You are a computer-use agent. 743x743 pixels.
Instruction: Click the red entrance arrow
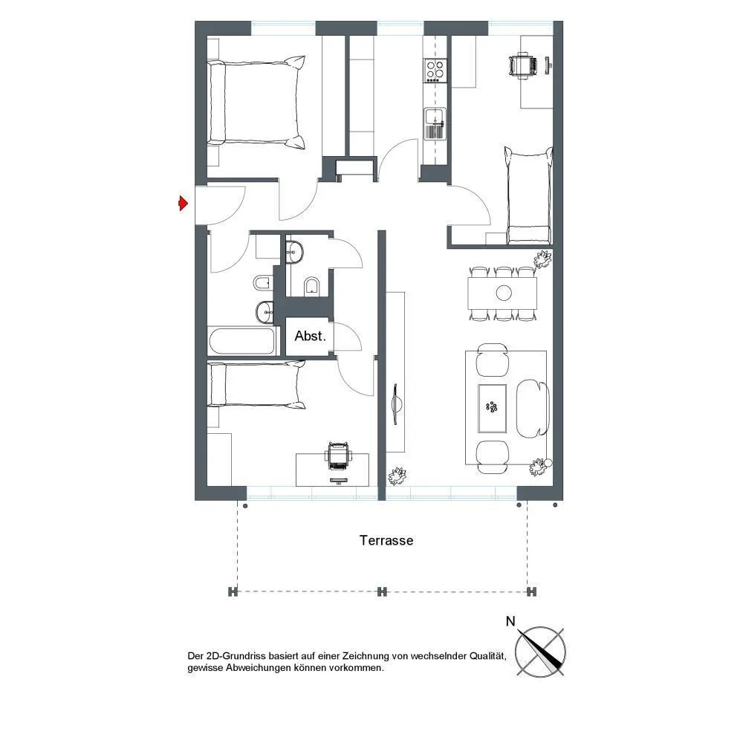[183, 204]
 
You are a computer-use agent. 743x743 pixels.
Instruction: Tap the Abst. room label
[310, 336]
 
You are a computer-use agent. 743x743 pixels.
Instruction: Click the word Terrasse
[386, 540]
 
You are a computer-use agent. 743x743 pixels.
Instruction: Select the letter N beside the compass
[510, 621]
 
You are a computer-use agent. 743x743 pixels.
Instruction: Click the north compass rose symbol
[540, 651]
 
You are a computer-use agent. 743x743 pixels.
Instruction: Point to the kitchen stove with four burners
[435, 70]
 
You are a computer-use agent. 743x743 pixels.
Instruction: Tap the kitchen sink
[434, 123]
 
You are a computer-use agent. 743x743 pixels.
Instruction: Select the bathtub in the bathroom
[242, 341]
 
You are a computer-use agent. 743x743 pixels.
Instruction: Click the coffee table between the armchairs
[492, 408]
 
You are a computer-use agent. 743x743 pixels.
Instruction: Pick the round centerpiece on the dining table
[504, 293]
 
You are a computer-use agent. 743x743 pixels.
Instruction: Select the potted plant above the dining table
[542, 259]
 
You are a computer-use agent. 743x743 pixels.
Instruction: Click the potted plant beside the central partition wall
[398, 476]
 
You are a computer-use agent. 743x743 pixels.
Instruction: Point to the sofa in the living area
[533, 409]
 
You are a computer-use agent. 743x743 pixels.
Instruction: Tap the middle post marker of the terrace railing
[382, 591]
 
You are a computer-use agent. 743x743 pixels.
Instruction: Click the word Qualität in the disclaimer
[487, 656]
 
